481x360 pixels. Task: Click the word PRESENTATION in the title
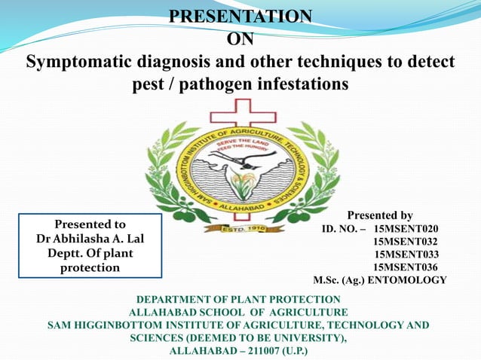tap(240, 16)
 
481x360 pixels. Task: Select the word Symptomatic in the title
tap(79, 61)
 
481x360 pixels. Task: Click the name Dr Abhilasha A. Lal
tap(90, 239)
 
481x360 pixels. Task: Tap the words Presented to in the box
tap(90, 224)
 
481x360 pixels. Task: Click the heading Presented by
tap(379, 215)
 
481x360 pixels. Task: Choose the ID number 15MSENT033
tap(406, 254)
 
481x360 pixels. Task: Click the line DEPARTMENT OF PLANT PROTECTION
tap(238, 300)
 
